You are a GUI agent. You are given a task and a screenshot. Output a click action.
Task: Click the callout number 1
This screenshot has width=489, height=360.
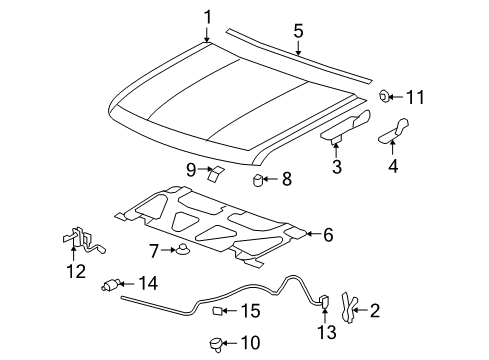tap(207, 16)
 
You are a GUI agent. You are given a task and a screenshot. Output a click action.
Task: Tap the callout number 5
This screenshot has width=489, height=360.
tap(298, 31)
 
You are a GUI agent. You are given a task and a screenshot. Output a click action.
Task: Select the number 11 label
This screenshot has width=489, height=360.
tap(414, 97)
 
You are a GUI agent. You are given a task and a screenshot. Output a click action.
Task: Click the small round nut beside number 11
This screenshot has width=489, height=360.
tap(383, 97)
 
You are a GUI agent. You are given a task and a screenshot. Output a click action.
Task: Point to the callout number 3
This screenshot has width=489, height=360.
tap(337, 167)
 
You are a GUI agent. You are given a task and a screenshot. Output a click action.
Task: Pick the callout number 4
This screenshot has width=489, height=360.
tap(393, 167)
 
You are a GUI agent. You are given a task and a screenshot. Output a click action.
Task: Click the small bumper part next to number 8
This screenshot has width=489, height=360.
tap(257, 180)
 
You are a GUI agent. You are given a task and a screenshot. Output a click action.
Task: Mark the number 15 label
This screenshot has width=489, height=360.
tap(250, 311)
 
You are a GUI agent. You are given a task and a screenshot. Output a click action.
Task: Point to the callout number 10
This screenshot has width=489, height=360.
tap(250, 343)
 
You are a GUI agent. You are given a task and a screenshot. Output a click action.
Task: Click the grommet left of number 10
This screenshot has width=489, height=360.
tap(214, 343)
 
